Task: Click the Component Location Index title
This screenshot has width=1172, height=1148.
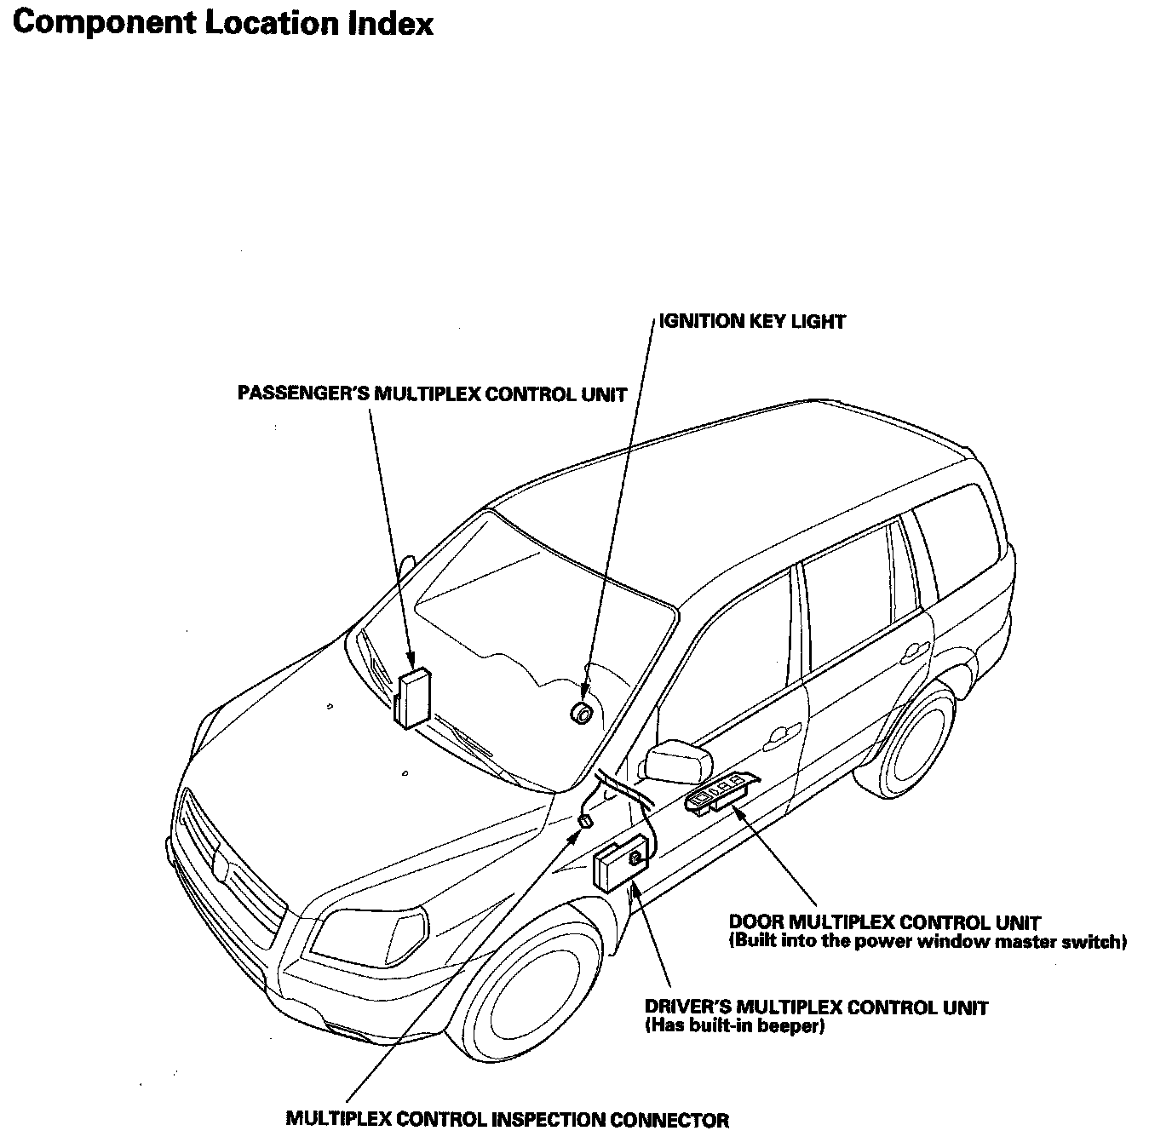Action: tap(222, 25)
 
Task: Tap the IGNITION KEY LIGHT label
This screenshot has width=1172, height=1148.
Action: tap(752, 321)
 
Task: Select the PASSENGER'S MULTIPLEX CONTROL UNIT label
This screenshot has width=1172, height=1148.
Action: tap(432, 394)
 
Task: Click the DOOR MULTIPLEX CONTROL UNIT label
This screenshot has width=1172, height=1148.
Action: tap(885, 922)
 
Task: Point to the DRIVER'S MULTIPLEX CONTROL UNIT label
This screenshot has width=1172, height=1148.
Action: tap(816, 1007)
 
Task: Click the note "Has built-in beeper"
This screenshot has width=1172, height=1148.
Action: tap(735, 1026)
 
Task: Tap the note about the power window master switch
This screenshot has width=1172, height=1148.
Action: tap(928, 942)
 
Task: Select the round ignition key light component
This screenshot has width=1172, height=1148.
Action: tap(582, 713)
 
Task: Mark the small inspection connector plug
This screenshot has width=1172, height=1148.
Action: tap(585, 821)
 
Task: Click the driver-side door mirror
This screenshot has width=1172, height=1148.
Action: tap(679, 761)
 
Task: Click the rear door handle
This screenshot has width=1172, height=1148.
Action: tap(911, 653)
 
